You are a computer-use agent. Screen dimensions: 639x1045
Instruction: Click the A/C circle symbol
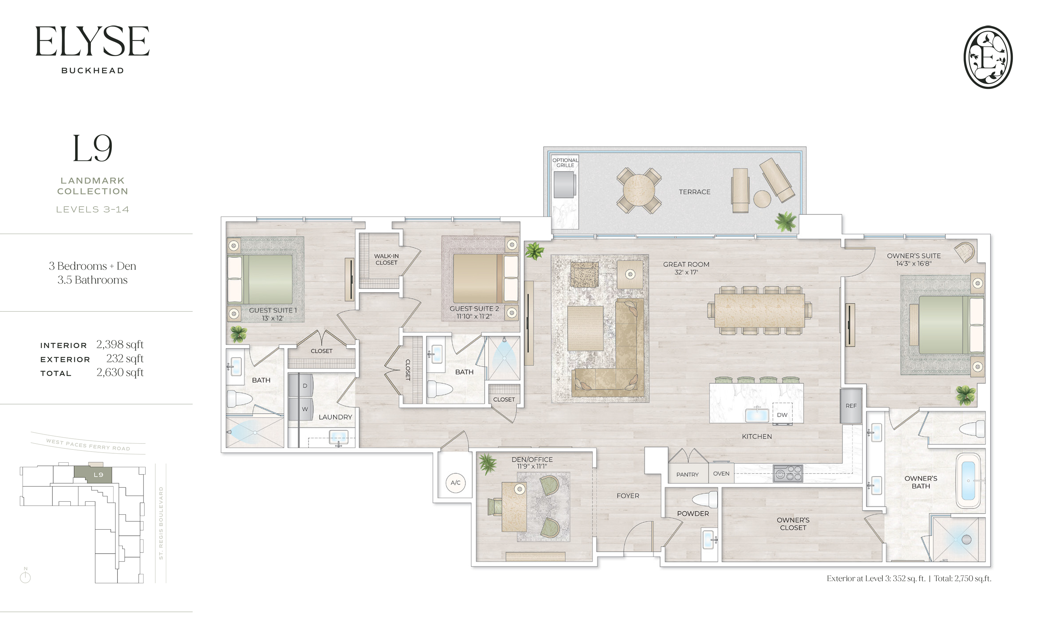[x=456, y=483]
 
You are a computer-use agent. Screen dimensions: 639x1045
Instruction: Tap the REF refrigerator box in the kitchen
[x=851, y=406]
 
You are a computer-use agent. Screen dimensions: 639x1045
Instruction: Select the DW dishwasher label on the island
[x=782, y=415]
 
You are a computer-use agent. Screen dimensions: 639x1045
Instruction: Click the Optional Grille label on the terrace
[x=565, y=162]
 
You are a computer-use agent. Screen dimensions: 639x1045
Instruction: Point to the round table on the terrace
[x=639, y=191]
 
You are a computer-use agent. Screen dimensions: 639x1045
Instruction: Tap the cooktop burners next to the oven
[x=788, y=474]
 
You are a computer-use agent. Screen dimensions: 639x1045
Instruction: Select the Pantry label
[x=687, y=474]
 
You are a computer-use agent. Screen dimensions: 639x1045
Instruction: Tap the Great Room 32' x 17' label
[x=686, y=268]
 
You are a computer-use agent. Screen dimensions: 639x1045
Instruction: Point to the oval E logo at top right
[x=988, y=57]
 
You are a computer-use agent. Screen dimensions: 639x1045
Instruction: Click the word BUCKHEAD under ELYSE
[x=92, y=70]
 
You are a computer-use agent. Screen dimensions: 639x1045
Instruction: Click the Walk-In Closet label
[x=386, y=259]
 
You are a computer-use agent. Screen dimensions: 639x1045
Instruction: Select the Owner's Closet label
[x=793, y=524]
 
